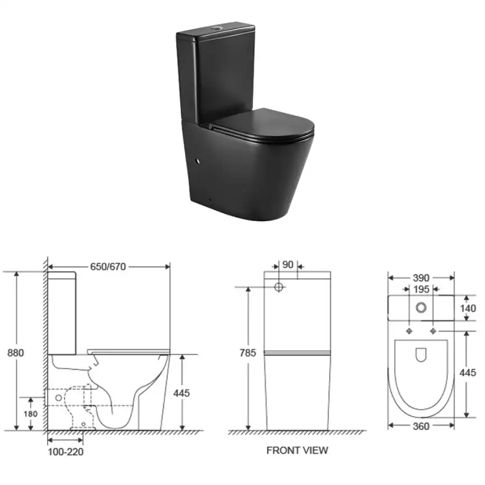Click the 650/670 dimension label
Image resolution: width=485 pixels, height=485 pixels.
coord(108,267)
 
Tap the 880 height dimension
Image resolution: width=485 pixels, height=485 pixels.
coord(16,353)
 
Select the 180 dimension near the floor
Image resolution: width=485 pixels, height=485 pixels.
coord(31,414)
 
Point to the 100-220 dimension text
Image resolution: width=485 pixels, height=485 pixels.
coord(66,452)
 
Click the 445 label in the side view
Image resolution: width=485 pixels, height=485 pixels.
coord(181,393)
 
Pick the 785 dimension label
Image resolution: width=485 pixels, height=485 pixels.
coord(248,353)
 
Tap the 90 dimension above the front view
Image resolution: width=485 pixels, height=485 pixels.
coord(288,265)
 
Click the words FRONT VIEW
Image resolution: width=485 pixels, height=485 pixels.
coord(297,450)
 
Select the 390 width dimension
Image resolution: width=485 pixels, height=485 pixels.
coord(421,278)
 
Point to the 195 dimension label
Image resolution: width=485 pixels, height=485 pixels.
coord(421,290)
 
